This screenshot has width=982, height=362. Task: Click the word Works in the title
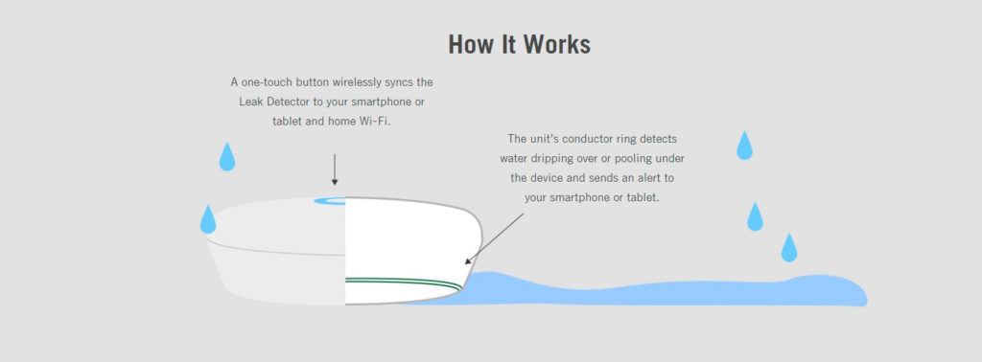click(556, 44)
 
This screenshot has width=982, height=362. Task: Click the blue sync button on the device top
click(330, 201)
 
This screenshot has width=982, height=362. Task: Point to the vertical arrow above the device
click(335, 170)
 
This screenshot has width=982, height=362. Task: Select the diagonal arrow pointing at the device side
click(494, 238)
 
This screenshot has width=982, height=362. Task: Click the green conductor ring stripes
click(404, 283)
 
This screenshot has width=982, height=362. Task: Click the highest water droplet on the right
click(744, 146)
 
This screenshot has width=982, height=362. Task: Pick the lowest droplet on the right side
click(789, 248)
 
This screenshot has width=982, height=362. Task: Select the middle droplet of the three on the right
click(755, 216)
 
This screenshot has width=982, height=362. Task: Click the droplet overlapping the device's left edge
click(208, 219)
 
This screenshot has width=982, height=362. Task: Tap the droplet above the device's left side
click(226, 157)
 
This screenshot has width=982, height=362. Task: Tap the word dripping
click(547, 159)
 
